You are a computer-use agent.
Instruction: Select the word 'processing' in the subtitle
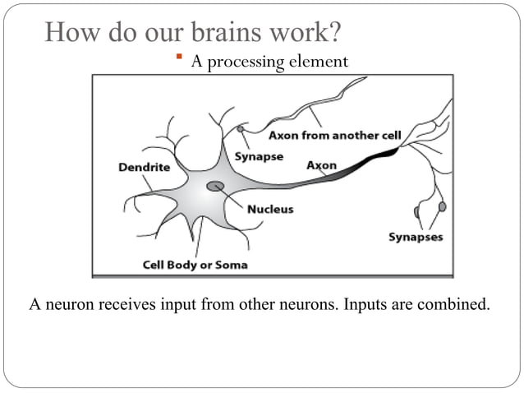tap(243, 62)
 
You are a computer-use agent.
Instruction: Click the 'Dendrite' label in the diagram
tap(145, 167)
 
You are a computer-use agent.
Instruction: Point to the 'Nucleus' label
tap(270, 209)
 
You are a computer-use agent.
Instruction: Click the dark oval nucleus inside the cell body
tap(215, 186)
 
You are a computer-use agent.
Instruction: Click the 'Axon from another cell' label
tap(334, 135)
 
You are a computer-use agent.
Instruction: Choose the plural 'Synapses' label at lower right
tap(415, 238)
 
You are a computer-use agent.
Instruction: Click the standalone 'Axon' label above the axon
tap(321, 165)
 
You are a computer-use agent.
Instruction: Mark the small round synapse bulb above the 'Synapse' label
tap(241, 129)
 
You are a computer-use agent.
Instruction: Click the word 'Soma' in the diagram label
tap(231, 265)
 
